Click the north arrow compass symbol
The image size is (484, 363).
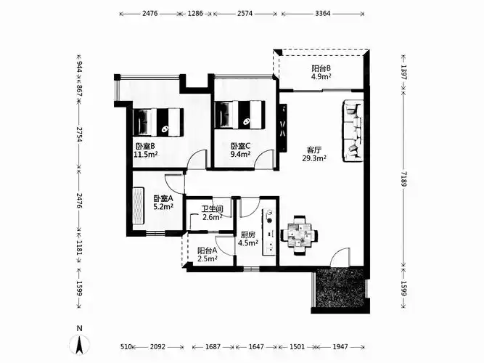[x=79, y=343]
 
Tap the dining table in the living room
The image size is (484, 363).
[x=299, y=235]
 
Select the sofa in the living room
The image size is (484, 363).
[x=353, y=131]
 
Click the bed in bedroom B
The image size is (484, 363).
[x=158, y=122]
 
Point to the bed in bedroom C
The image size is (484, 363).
[x=239, y=114]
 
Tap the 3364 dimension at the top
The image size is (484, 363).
[x=323, y=13]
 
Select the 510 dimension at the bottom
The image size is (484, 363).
[x=126, y=347]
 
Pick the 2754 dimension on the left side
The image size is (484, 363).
[x=79, y=134]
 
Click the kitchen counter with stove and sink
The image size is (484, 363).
[x=268, y=232]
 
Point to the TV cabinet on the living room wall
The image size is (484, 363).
[x=283, y=128]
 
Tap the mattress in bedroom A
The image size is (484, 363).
[x=139, y=206]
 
